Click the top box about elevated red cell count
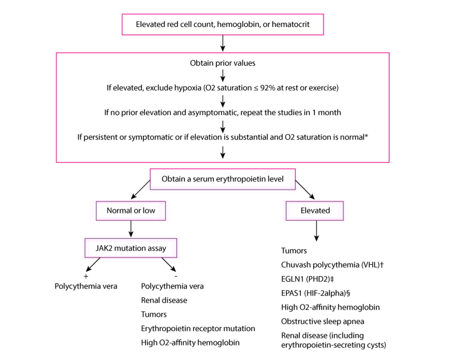[x=223, y=24]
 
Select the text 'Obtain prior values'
[x=223, y=63]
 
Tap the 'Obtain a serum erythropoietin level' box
[x=223, y=179]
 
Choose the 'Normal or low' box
[x=131, y=211]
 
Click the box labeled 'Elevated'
[x=315, y=211]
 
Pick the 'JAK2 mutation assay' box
[x=131, y=248]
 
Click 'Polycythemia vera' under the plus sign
[x=86, y=286]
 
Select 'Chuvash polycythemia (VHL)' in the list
[x=332, y=265]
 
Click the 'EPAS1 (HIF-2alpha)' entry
[x=315, y=293]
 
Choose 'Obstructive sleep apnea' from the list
[x=323, y=322]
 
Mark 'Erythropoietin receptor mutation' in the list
[x=198, y=328]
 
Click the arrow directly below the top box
[x=223, y=42]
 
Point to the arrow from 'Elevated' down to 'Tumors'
[x=317, y=231]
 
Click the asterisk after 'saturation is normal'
[x=366, y=137]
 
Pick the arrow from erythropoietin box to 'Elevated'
[x=305, y=190]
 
